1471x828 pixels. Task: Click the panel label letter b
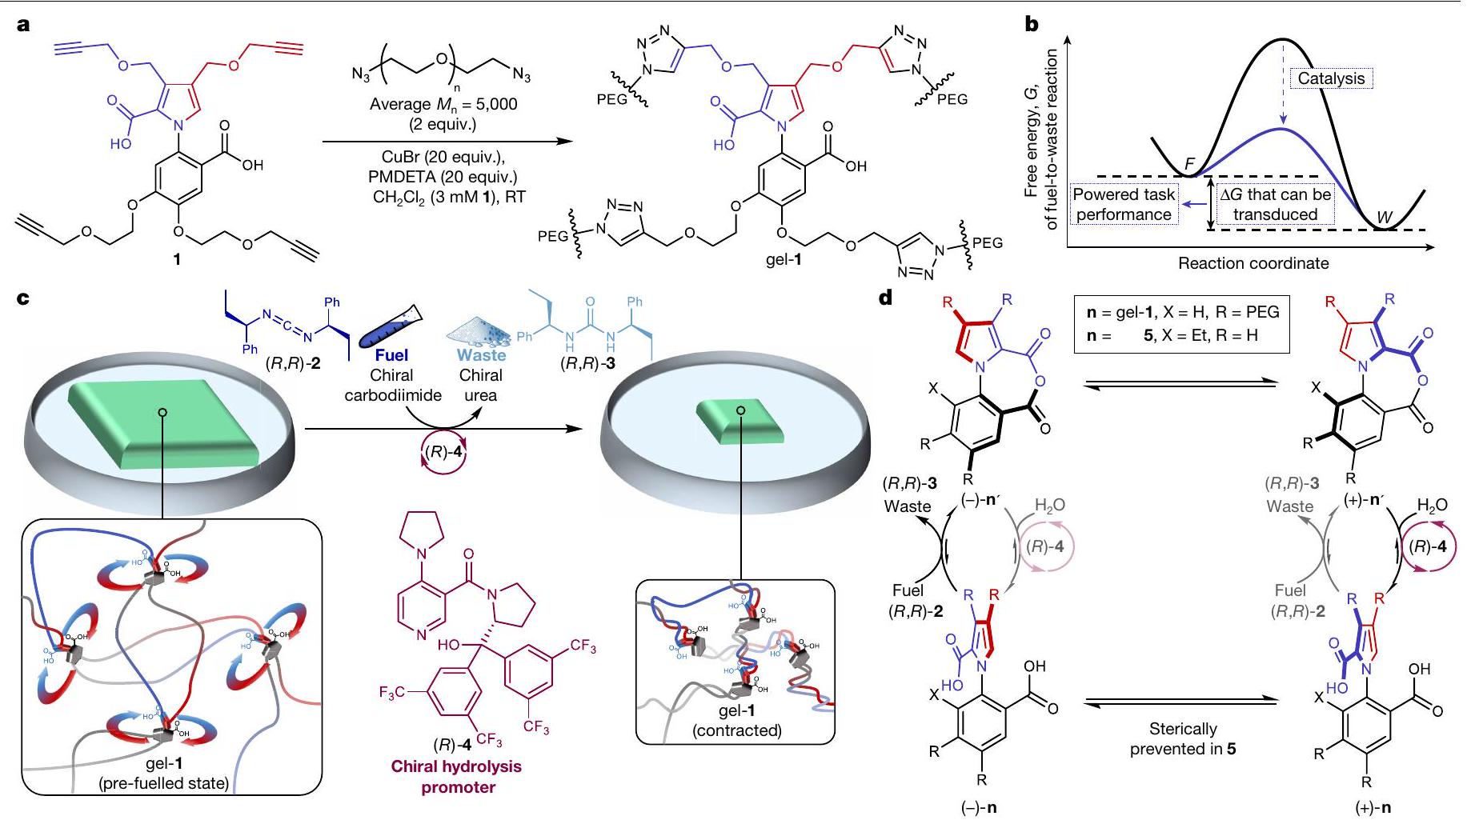[x=1032, y=25]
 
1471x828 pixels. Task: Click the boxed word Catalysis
[x=1330, y=78]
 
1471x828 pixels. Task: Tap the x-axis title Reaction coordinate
[x=1253, y=263]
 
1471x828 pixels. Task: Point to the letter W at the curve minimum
[x=1383, y=218]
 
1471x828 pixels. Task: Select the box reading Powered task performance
[x=1124, y=204]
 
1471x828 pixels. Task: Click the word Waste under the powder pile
[x=481, y=354]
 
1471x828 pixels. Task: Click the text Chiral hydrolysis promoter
[x=456, y=776]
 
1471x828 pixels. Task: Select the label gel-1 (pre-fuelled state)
[x=163, y=773]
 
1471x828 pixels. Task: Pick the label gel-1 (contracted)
[x=736, y=719]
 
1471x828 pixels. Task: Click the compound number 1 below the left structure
[x=177, y=258]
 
